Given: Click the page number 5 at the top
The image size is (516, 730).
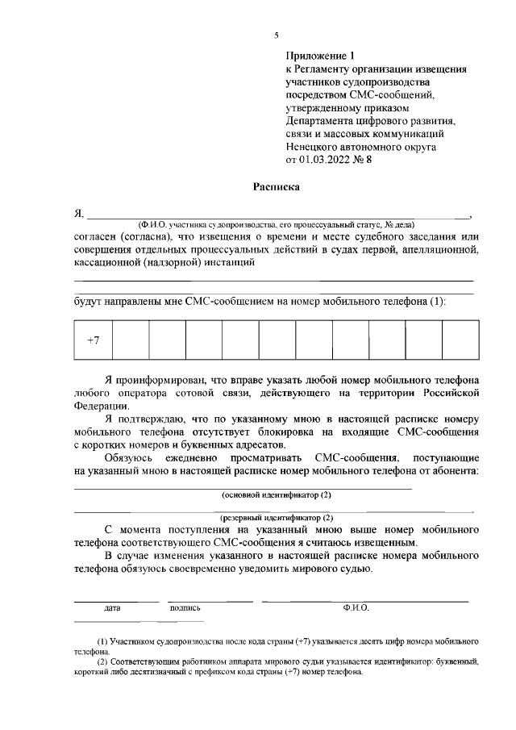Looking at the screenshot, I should click(277, 35).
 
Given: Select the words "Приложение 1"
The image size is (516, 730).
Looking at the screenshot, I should click(320, 56).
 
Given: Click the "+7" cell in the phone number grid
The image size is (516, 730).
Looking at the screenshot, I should click(93, 340).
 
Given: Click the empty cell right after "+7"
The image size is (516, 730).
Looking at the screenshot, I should click(131, 340).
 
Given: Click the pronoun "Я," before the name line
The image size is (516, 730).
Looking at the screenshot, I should click(79, 213).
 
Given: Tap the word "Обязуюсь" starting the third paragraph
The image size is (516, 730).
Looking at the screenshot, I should click(130, 457).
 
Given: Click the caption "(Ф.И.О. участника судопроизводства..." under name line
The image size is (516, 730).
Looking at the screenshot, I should click(276, 224).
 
